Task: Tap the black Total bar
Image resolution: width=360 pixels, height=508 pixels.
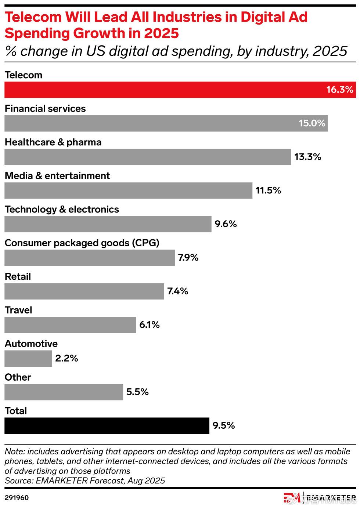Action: (x=107, y=425)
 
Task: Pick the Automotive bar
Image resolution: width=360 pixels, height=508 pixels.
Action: (x=28, y=358)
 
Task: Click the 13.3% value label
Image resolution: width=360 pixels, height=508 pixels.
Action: (x=307, y=157)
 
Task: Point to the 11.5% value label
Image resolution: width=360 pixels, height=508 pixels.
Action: (x=268, y=190)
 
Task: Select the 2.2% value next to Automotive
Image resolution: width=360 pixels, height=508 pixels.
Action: (x=66, y=358)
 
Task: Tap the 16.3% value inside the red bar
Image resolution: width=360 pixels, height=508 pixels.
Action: (x=339, y=90)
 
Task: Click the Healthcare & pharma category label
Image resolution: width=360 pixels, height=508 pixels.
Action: (x=53, y=142)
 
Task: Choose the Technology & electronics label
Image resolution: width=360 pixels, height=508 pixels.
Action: (x=62, y=210)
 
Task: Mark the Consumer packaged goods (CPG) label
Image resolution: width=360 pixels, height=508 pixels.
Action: (x=82, y=243)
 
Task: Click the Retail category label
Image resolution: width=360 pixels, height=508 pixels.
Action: (x=18, y=276)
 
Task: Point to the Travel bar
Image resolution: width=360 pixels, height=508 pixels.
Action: (x=70, y=325)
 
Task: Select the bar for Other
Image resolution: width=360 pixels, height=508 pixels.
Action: (x=64, y=392)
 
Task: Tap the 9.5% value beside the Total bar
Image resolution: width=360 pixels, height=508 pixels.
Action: (x=223, y=425)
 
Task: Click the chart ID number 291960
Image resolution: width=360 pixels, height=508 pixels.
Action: (x=17, y=498)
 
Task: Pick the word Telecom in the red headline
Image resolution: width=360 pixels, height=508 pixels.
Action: (x=33, y=17)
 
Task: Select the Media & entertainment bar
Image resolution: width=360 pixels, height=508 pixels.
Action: (x=128, y=190)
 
